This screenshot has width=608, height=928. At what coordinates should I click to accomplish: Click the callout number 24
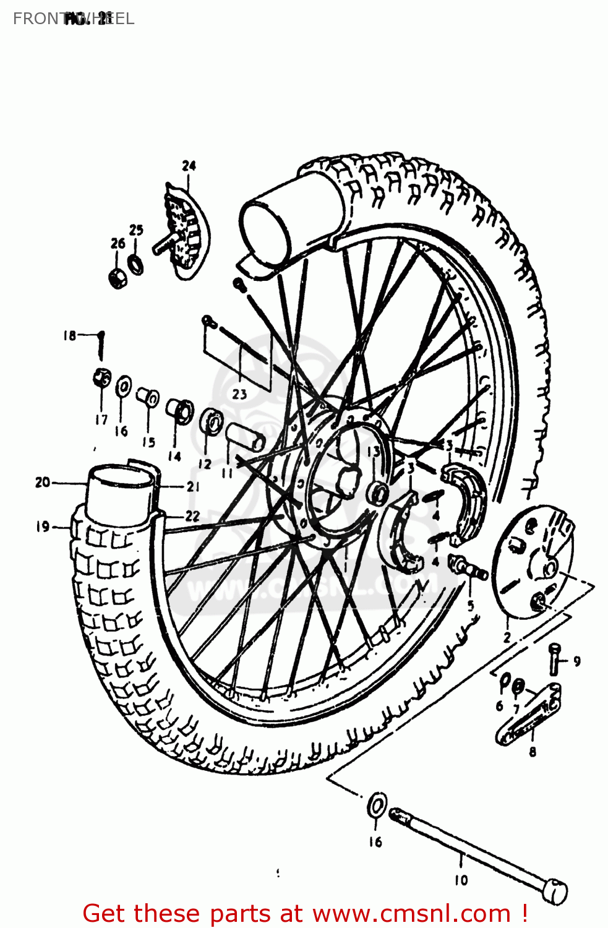[189, 166]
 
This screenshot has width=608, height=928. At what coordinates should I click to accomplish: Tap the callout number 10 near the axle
[461, 880]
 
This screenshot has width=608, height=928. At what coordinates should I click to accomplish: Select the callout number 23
[239, 394]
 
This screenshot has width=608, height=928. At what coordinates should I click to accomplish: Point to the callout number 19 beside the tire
[42, 526]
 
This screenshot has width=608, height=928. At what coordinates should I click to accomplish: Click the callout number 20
[42, 482]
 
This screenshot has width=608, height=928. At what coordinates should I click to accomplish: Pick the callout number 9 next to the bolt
[576, 661]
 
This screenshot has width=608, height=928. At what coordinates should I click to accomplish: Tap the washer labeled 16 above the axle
[377, 806]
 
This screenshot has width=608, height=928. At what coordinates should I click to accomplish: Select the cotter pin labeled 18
[101, 345]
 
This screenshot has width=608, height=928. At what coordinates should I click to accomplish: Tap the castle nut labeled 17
[102, 377]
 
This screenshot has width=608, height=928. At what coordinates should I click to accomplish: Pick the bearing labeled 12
[212, 423]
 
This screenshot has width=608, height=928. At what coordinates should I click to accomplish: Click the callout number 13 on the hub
[373, 452]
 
